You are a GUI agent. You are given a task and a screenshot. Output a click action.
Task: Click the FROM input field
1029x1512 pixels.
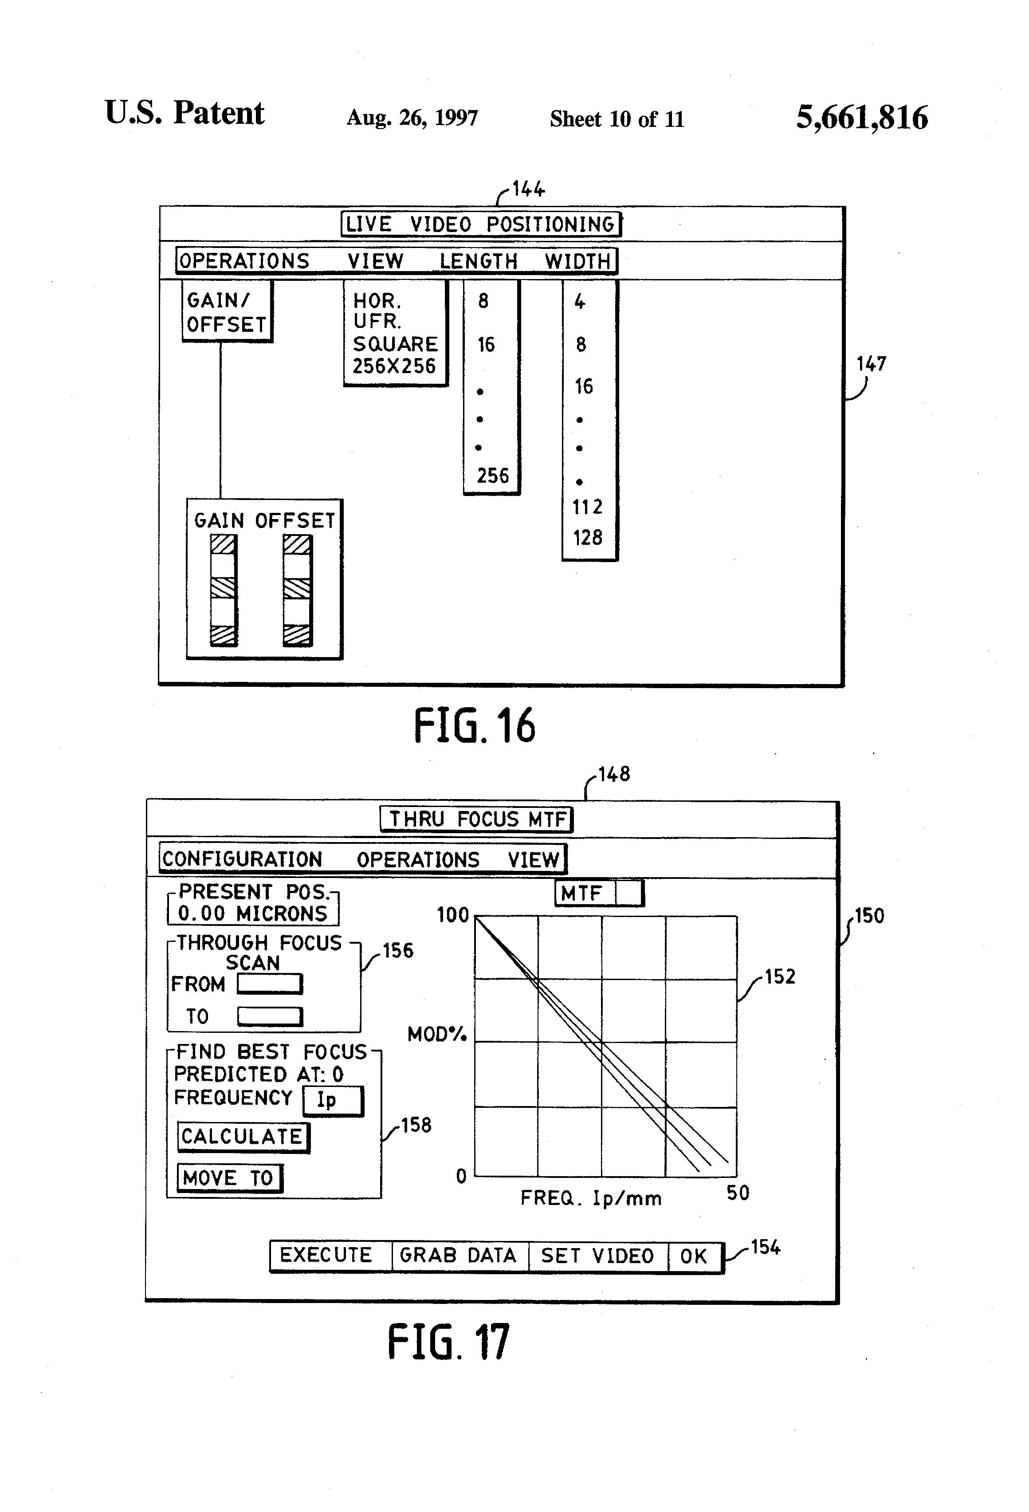point(269,983)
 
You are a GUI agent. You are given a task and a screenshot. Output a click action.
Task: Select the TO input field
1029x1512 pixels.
point(269,1016)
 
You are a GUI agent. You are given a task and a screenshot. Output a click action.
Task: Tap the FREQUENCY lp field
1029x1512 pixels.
point(333,1100)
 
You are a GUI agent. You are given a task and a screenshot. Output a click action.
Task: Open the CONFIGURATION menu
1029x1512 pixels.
point(242,859)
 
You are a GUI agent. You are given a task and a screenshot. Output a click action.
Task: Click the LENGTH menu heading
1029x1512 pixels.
point(479,261)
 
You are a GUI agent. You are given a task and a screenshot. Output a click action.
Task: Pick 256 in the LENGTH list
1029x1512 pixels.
point(492,476)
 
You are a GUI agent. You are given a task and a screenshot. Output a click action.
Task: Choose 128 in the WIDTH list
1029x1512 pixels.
point(587,537)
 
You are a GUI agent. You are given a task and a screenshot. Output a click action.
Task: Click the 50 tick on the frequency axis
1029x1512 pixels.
point(738,1193)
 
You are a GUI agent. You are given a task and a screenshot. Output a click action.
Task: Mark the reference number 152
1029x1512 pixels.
point(780,976)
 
